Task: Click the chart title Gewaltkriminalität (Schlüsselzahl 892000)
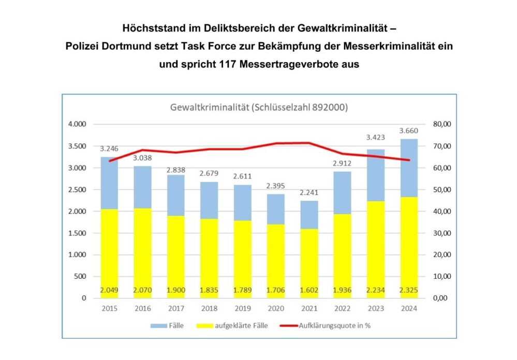259,108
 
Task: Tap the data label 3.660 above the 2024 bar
408,131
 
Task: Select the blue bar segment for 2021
309,215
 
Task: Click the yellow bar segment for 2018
209,259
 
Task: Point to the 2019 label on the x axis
242,309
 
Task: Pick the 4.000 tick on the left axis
77,124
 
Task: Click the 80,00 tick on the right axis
442,124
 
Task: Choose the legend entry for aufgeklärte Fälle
232,326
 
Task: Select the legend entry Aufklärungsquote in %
325,326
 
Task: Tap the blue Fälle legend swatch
159,326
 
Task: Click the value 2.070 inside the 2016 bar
142,291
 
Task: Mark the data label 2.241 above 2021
309,192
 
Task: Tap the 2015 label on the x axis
110,309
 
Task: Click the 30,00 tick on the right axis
442,233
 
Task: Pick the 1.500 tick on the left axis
77,233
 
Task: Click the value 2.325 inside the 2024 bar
408,291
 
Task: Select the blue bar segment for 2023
376,175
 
